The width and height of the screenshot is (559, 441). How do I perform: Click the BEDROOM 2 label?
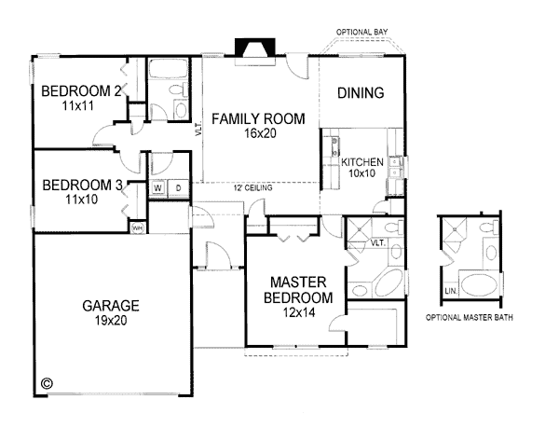81,91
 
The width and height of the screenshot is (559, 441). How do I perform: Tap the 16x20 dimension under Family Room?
260,133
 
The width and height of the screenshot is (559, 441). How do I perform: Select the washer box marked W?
158,187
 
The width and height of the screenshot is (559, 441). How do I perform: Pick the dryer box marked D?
178,187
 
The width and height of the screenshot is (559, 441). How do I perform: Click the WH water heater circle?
138,227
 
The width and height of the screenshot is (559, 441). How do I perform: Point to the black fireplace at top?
255,48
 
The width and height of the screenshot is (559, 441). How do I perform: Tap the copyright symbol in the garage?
48,383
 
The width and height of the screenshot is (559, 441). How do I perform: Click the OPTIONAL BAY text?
361,32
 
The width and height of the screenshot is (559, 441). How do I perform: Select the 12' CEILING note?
253,187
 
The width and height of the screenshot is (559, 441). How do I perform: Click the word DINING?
361,92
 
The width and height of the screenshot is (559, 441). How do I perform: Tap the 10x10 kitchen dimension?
362,173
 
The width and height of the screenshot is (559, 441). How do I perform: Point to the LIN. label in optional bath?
451,291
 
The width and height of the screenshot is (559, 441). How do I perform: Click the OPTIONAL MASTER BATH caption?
470,317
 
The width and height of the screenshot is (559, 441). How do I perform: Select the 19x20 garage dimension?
111,321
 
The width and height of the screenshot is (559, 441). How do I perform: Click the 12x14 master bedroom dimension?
299,312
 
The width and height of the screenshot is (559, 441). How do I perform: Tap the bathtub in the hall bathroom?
169,69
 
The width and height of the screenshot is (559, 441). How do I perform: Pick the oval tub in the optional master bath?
479,285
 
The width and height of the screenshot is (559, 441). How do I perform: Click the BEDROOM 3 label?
82,186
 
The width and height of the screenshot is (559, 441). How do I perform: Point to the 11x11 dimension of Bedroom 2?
78,106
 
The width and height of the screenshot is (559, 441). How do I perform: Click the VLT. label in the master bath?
378,243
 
